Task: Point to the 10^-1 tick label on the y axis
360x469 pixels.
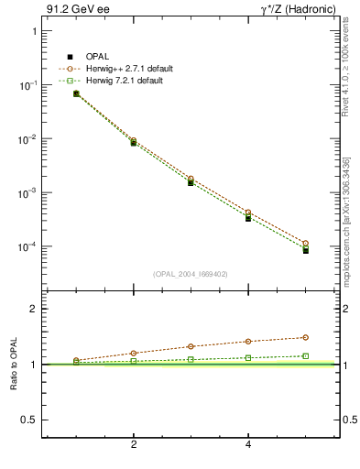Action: pos(28,85)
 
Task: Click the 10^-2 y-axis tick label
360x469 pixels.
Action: pos(28,139)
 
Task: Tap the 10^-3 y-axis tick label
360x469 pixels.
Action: pos(28,193)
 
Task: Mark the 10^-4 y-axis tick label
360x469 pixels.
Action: pos(28,247)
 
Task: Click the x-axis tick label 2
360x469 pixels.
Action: pos(134,445)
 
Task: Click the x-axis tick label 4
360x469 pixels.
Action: pos(248,445)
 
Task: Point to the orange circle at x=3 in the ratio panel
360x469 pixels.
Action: pos(191,346)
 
